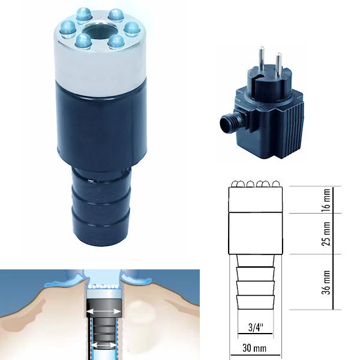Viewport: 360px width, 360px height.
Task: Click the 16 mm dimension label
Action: click(327, 200)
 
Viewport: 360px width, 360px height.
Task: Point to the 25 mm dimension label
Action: click(327, 234)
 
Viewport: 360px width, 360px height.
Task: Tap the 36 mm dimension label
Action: click(327, 283)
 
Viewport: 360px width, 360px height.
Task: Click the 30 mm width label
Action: click(254, 348)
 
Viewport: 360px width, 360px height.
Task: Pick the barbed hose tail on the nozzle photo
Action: click(101, 205)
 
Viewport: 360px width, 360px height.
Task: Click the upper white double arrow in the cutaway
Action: click(104, 311)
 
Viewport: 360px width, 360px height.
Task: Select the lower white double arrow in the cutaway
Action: click(103, 345)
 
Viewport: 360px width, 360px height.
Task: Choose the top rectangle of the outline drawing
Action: click(256, 199)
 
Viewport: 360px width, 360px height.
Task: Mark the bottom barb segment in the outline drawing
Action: click(256, 302)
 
